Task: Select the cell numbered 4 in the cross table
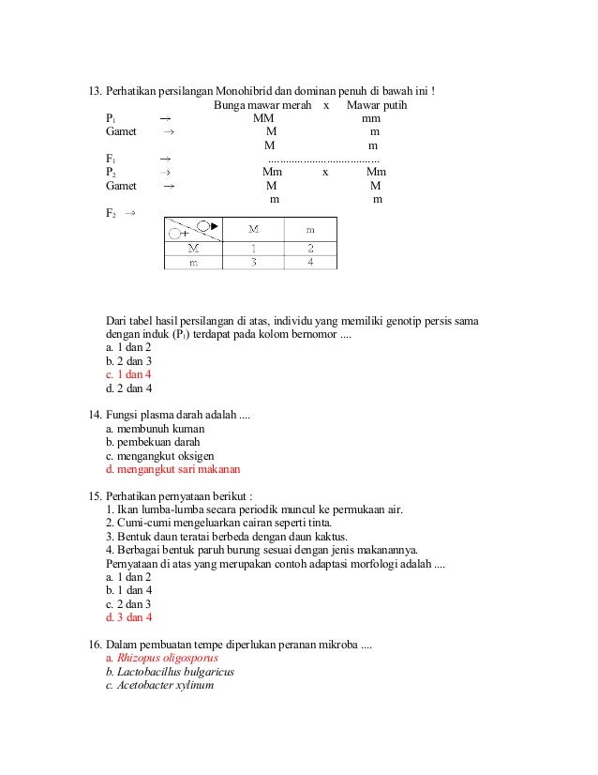pyautogui.click(x=310, y=263)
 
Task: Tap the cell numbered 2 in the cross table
pyautogui.click(x=310, y=249)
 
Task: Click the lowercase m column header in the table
pyautogui.click(x=310, y=229)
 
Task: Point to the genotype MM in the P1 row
pyautogui.click(x=263, y=119)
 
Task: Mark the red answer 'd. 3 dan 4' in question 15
pyautogui.click(x=128, y=617)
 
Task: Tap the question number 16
pyautogui.click(x=94, y=645)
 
